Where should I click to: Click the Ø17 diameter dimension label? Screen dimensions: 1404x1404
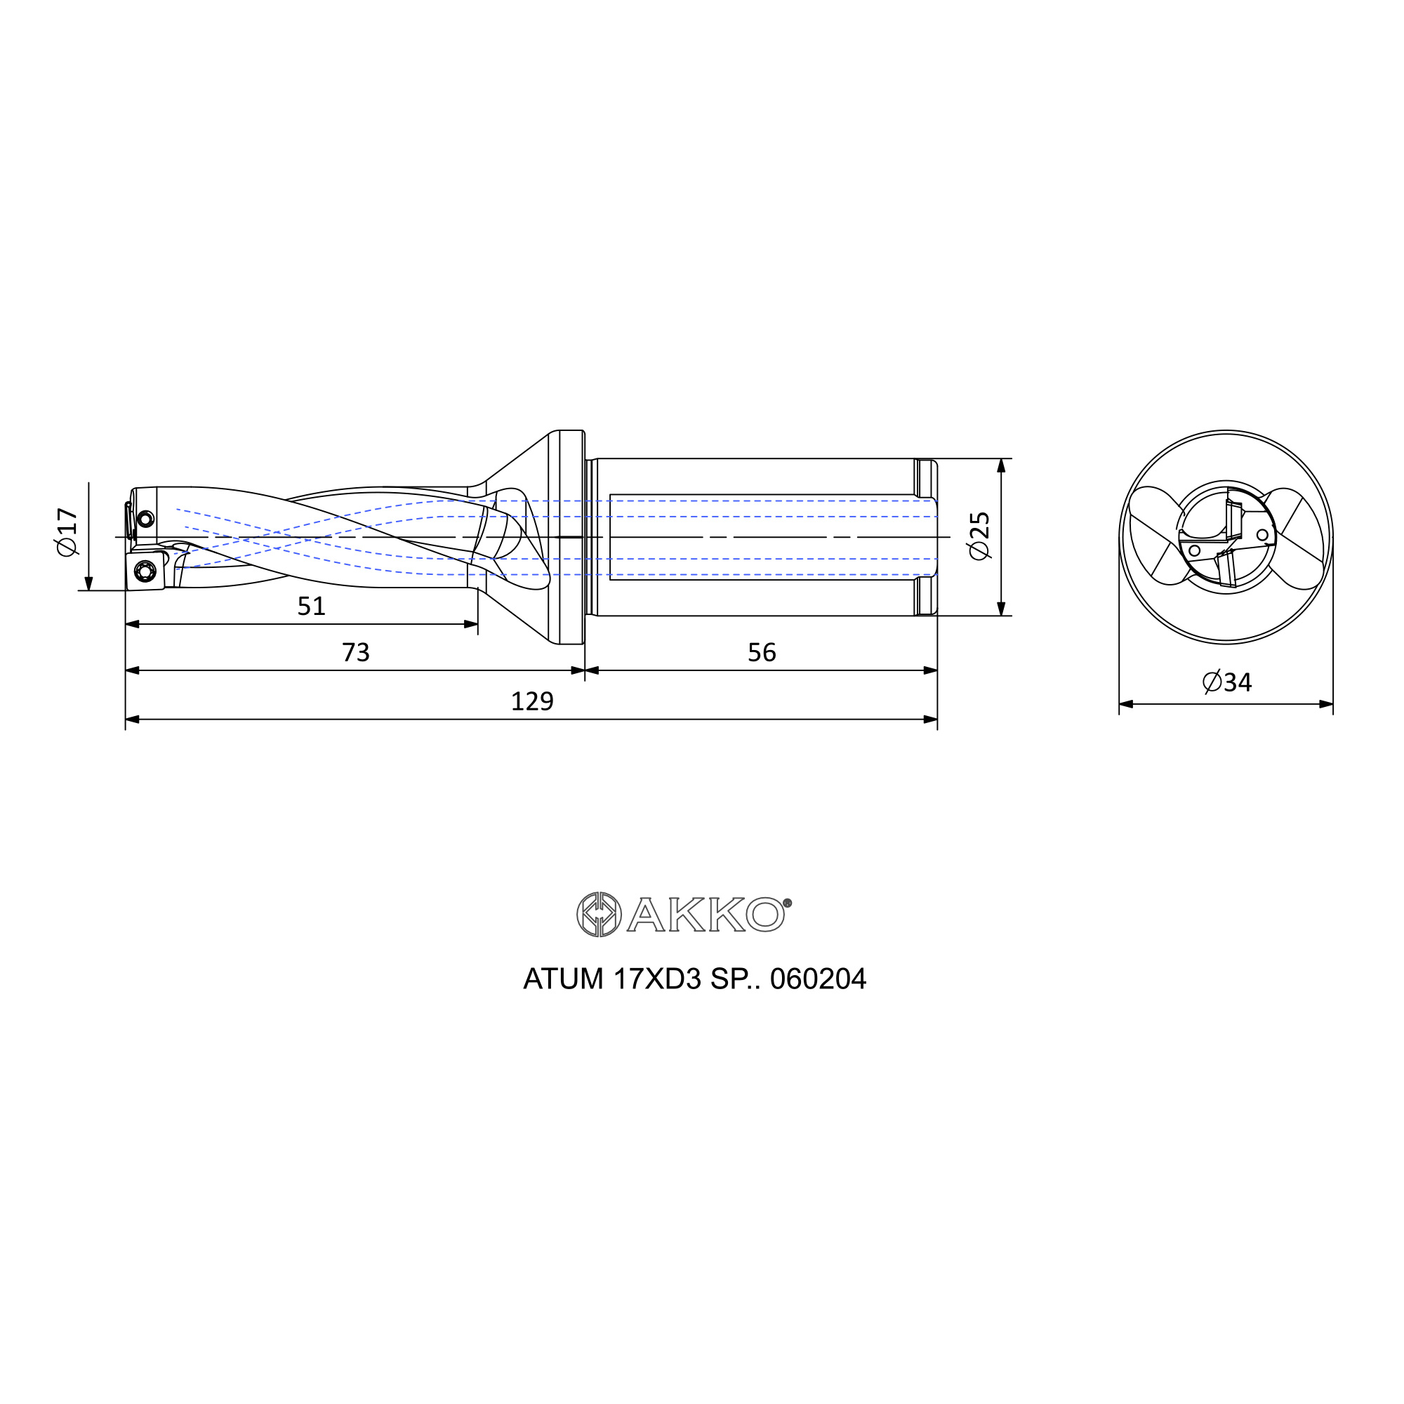click(67, 532)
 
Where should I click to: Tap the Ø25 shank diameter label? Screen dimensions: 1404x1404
click(979, 536)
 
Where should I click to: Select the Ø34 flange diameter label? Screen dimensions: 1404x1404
click(1226, 682)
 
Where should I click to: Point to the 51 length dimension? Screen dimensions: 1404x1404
click(311, 606)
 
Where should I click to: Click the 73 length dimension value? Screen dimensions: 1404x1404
click(355, 653)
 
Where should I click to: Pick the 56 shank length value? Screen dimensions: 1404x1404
click(762, 653)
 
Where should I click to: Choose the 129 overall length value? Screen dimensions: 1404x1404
click(532, 701)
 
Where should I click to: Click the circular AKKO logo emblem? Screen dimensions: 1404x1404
click(599, 914)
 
